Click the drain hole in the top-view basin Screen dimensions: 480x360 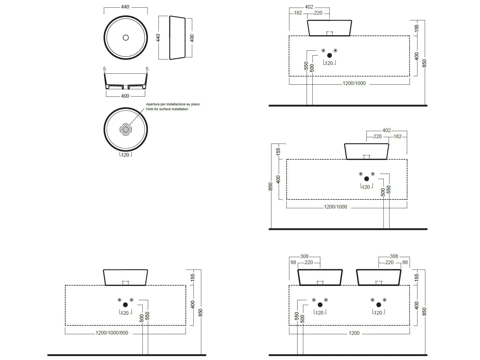click(x=125, y=38)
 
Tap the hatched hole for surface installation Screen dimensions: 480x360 click(x=126, y=129)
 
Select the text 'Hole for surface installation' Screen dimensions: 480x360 click(x=167, y=109)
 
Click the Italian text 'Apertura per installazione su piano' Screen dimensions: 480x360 click(x=173, y=104)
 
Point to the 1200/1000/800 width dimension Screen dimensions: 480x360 click(x=112, y=333)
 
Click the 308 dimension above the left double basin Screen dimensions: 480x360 click(x=304, y=256)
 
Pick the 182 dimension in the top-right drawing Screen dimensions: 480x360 click(x=298, y=13)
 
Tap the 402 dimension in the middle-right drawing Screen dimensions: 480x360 click(x=386, y=130)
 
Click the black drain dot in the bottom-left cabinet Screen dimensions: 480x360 click(x=125, y=305)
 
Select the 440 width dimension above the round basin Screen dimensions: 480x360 click(x=125, y=7)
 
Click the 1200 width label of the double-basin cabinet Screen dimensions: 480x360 click(x=354, y=333)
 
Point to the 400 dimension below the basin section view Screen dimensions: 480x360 click(x=125, y=96)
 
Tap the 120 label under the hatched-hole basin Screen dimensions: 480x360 click(x=125, y=155)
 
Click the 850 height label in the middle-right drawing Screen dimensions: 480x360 click(x=271, y=186)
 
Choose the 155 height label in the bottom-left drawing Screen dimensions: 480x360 click(x=192, y=278)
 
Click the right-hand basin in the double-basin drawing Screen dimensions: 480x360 click(x=379, y=277)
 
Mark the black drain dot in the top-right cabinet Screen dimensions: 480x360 click(x=329, y=56)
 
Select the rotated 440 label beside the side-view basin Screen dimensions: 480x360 click(x=158, y=38)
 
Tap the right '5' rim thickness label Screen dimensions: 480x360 click(x=147, y=69)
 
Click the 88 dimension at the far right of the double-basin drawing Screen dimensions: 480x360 click(x=405, y=262)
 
